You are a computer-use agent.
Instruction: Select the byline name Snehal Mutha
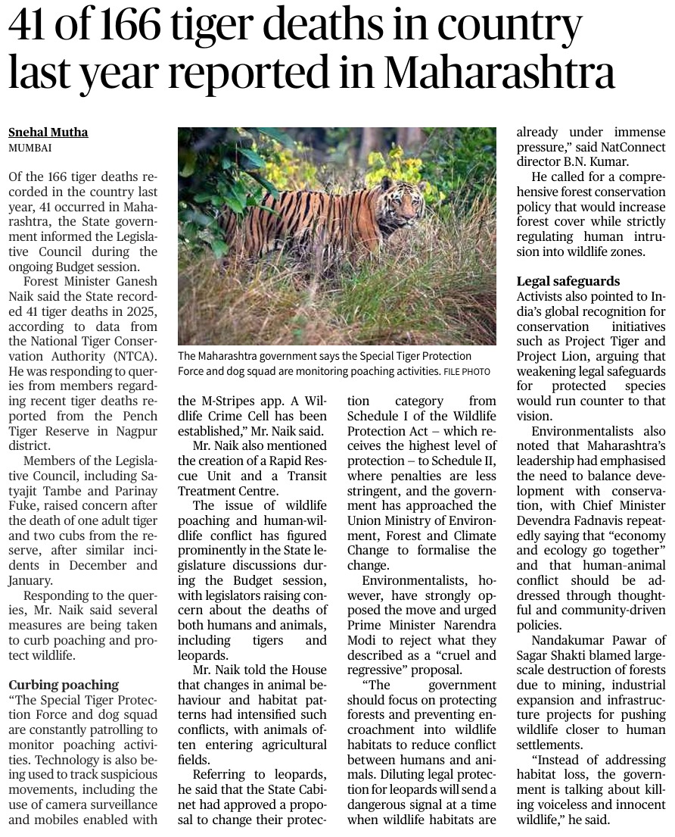click(x=48, y=132)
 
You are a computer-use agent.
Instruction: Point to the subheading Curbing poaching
click(x=64, y=685)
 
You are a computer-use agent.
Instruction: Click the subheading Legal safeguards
click(x=568, y=281)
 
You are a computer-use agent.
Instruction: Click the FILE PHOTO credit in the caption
click(x=466, y=372)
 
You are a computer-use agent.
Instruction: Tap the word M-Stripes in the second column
click(x=229, y=401)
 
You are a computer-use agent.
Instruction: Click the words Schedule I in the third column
click(x=379, y=416)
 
